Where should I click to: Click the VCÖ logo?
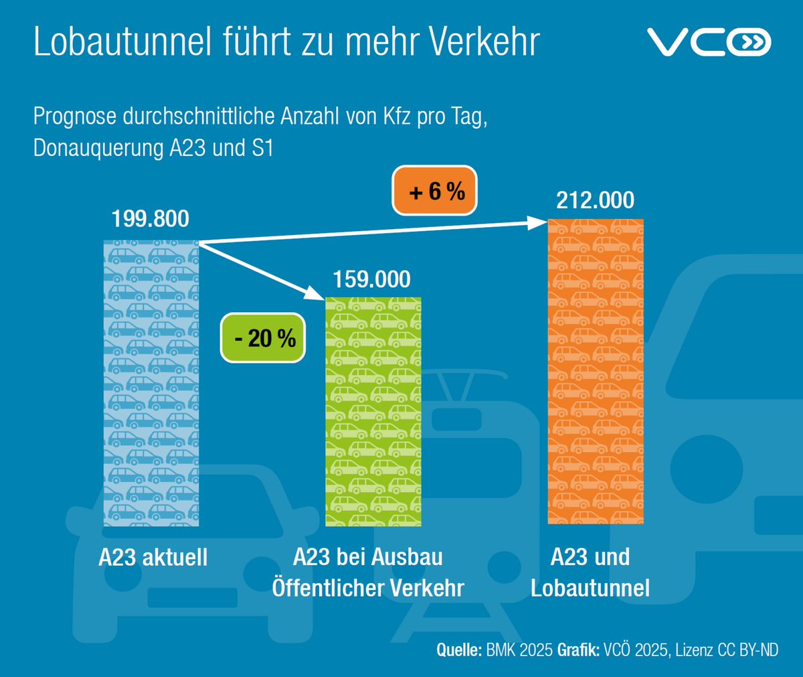coord(709,43)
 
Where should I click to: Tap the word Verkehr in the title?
coord(484,42)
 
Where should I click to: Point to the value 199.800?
coord(151,219)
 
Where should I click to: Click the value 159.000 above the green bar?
coord(372,279)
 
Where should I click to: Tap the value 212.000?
coord(595,200)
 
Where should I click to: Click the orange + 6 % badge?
coord(437,192)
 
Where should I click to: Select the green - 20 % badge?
coord(264,338)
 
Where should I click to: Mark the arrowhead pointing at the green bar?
coord(317,293)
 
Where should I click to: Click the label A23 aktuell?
coord(153,558)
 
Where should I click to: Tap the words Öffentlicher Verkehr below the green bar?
coord(368,588)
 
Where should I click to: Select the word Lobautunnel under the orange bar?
coord(590,588)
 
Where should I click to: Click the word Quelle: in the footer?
coord(459,649)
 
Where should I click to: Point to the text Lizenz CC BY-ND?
coord(727,649)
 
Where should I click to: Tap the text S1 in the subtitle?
coord(262,148)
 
